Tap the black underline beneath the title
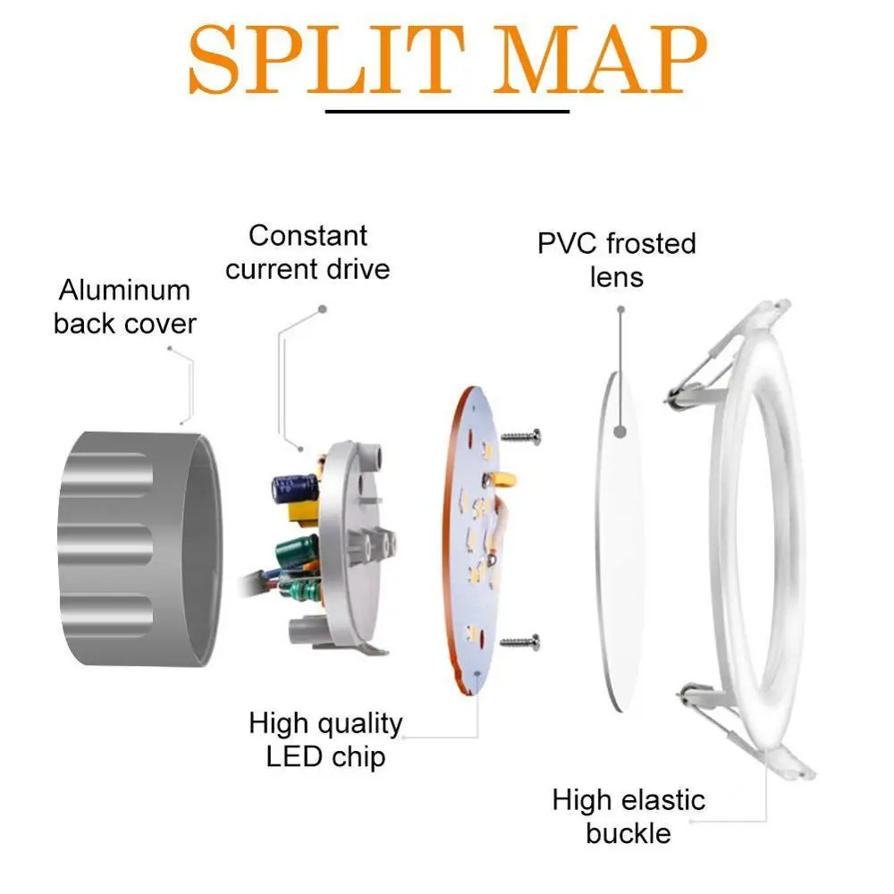(447, 112)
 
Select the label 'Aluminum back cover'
(125, 307)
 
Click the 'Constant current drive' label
(308, 253)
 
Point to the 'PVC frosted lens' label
(617, 259)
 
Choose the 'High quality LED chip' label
(325, 739)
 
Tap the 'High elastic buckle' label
(628, 816)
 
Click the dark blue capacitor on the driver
(292, 486)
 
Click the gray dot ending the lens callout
(620, 309)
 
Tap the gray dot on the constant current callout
(322, 309)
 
